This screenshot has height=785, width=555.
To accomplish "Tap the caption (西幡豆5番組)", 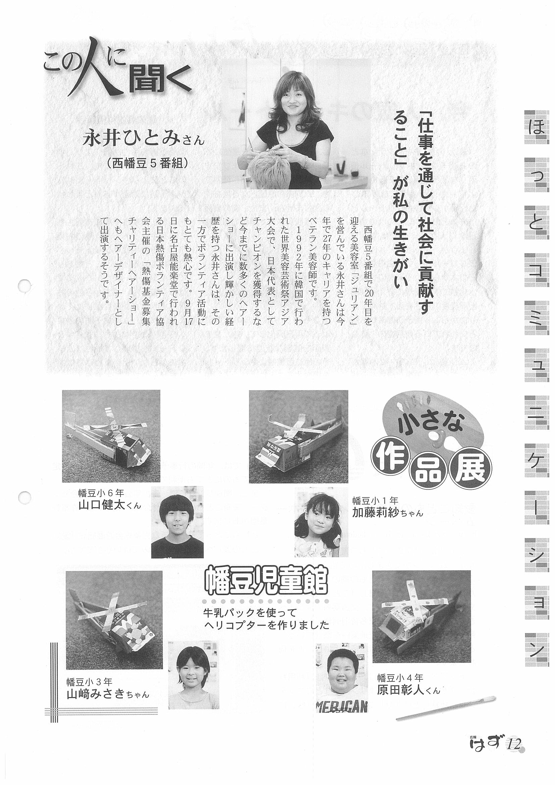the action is pos(147,163).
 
